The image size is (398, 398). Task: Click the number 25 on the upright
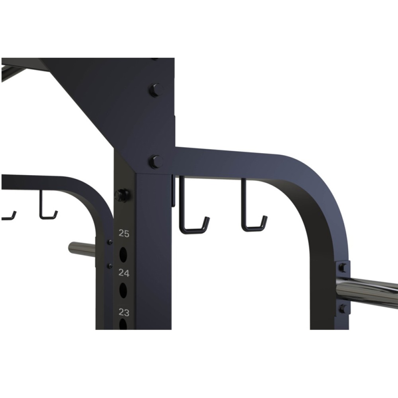point(124,234)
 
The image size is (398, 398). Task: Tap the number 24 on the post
point(124,273)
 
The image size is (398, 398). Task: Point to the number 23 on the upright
point(124,312)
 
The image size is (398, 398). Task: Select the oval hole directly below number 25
point(123,254)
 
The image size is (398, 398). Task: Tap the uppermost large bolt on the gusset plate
point(156,90)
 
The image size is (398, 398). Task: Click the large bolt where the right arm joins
point(156,162)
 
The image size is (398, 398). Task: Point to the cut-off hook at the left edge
point(9,217)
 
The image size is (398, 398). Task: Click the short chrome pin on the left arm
point(82,249)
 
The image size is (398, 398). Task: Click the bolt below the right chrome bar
point(342,308)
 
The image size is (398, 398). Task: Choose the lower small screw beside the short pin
point(110,265)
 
